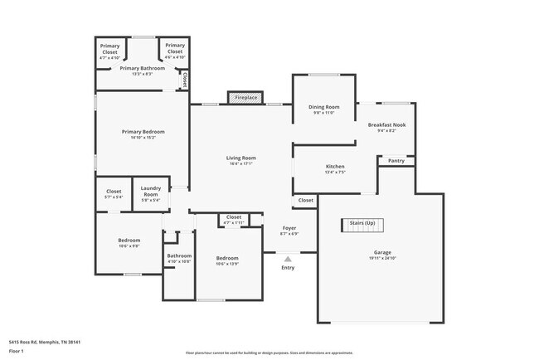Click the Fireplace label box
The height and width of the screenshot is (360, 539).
pos(245,98)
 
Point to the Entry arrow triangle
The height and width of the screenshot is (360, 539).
pos(288,259)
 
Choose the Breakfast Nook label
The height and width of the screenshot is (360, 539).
pos(386,125)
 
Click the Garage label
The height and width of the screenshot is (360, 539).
pos(382,252)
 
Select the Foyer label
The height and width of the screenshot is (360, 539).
pos(289,228)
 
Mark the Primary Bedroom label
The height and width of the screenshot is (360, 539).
pos(143,133)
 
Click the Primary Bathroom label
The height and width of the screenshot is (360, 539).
pos(142,69)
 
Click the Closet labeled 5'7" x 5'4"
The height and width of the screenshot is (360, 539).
pos(114,192)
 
